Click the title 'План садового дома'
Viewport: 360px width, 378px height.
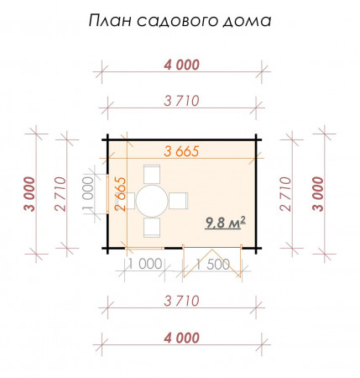180,21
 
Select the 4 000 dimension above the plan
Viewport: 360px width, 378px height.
181,65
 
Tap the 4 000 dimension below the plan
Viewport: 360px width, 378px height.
181,338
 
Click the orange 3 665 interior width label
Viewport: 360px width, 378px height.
181,151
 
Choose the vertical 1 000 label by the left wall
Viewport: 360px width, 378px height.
90,196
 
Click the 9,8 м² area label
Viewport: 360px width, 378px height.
225,223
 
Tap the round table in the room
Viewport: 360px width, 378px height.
153,201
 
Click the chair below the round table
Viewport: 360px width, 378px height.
153,228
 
